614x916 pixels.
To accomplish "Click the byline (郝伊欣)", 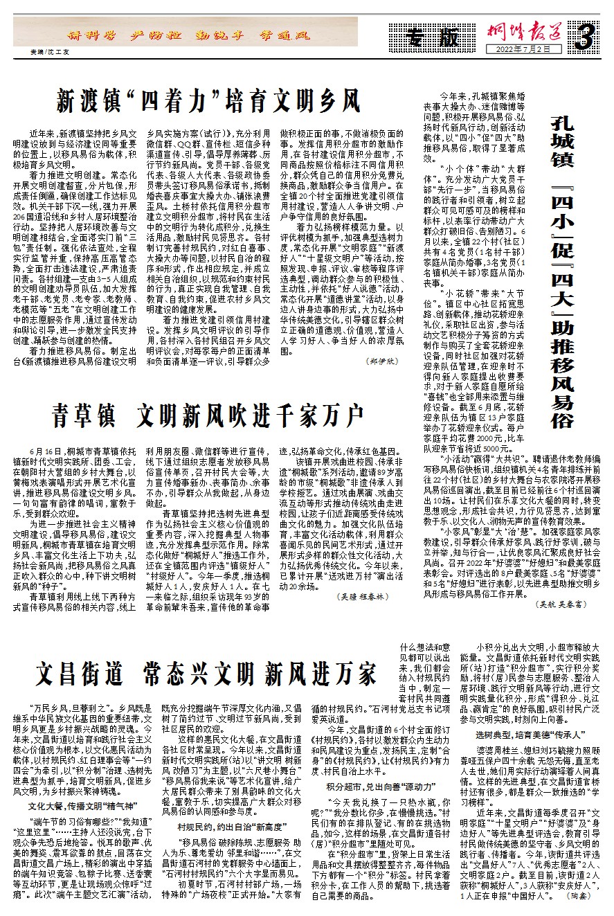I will [x=383, y=361].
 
